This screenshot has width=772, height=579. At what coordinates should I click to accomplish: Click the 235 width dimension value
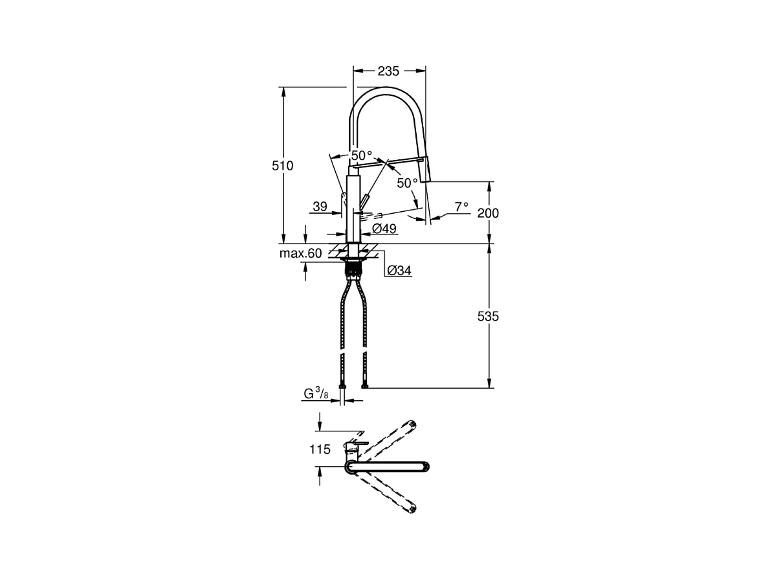388,71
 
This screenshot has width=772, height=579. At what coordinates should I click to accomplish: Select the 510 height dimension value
282,166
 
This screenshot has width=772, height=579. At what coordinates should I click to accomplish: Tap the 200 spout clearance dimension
488,213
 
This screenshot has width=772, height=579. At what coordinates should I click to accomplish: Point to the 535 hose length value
488,317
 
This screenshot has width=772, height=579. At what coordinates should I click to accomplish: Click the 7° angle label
461,207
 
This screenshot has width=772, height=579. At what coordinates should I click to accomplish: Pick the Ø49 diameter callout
384,229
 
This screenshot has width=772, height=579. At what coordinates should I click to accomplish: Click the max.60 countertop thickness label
300,253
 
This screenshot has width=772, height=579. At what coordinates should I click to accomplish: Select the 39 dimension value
320,207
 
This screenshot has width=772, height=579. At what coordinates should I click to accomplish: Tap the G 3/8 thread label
318,394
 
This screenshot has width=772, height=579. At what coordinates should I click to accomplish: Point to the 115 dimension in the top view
320,449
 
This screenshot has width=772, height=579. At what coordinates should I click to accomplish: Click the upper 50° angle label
362,156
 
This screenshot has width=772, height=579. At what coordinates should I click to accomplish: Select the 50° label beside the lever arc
408,183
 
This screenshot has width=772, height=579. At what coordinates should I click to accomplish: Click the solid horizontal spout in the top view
388,466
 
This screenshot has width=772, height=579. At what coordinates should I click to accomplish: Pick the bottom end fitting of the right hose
366,387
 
